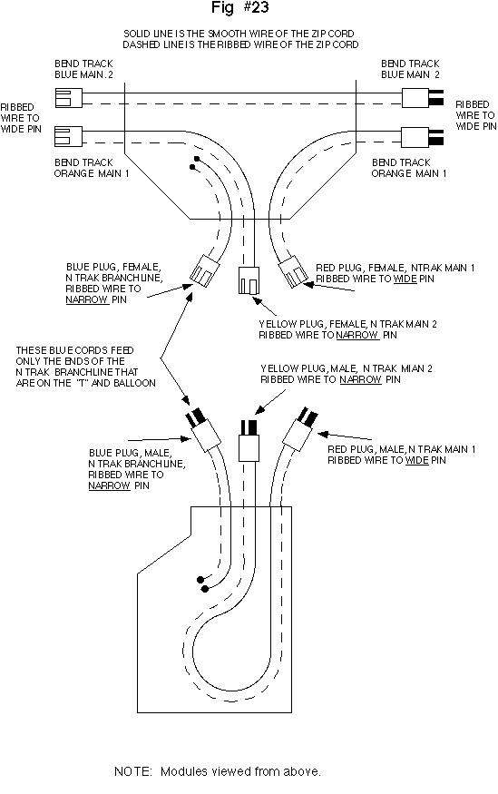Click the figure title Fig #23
tap(239, 7)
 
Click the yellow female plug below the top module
tap(249, 280)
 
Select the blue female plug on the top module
tap(204, 270)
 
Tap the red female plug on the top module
tap(293, 272)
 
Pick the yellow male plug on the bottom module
tap(249, 440)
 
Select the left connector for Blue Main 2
tap(68, 98)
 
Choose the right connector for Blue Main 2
tap(423, 98)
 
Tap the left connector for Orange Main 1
tap(68, 137)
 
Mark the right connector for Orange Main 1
tap(423, 137)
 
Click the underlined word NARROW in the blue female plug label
tap(86, 299)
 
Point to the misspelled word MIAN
tap(411, 368)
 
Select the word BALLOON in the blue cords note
tap(134, 383)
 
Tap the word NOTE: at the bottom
tap(133, 771)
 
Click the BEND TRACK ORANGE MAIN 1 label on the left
tap(92, 168)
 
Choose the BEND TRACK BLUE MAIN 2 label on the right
tap(410, 69)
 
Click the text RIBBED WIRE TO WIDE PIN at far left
tap(21, 118)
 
